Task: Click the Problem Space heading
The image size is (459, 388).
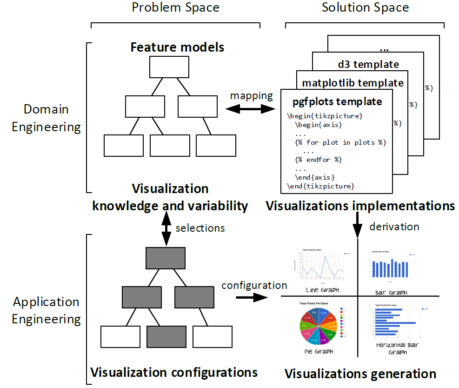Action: pyautogui.click(x=175, y=7)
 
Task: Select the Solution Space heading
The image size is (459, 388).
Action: pyautogui.click(x=365, y=7)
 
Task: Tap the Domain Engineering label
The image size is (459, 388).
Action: pyautogui.click(x=46, y=118)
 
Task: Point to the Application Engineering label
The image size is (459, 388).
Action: pyautogui.click(x=46, y=311)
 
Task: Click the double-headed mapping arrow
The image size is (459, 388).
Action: pyautogui.click(x=252, y=109)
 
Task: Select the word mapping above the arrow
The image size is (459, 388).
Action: pyautogui.click(x=252, y=96)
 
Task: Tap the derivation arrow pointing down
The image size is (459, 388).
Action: pyautogui.click(x=357, y=225)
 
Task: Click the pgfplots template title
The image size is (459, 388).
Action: pyautogui.click(x=337, y=101)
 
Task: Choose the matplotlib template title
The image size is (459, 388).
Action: pyautogui.click(x=353, y=83)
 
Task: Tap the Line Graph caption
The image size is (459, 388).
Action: pyautogui.click(x=322, y=290)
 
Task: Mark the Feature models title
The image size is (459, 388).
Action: pyautogui.click(x=177, y=47)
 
